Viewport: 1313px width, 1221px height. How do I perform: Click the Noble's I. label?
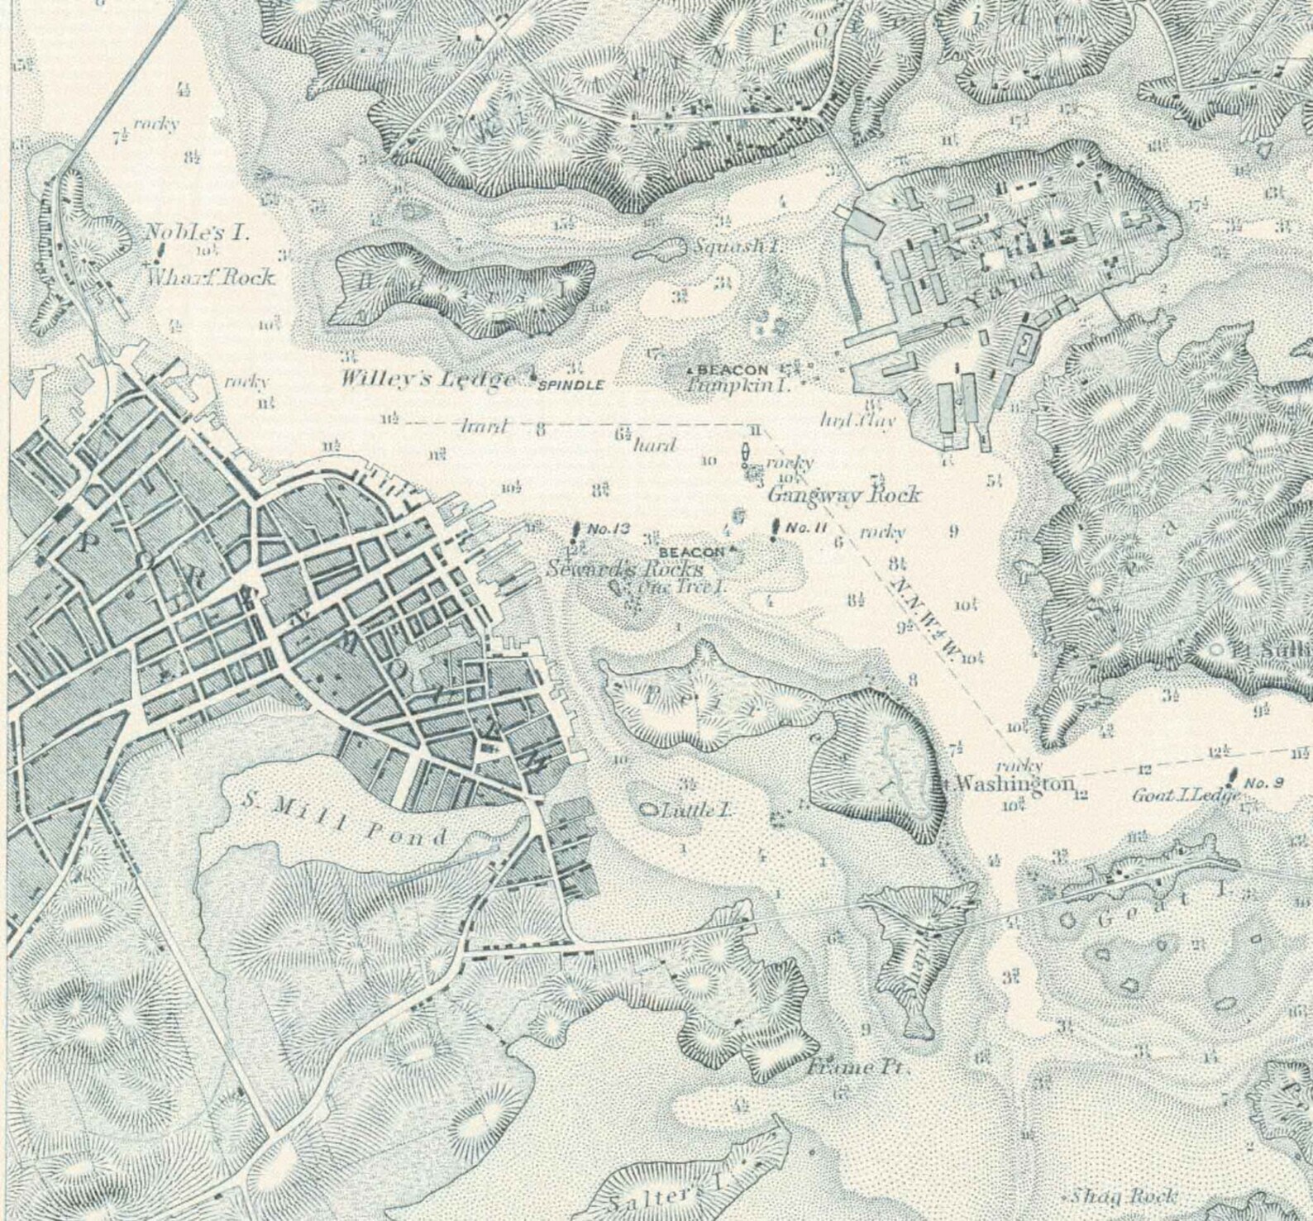196,232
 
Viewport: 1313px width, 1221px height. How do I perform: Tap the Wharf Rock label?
210,277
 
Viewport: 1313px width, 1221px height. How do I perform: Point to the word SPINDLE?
571,385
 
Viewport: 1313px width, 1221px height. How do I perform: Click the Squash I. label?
738,246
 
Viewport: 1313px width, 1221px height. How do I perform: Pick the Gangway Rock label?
843,495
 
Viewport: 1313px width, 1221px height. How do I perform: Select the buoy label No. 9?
1263,782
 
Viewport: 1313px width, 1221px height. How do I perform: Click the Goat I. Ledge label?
1185,796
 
